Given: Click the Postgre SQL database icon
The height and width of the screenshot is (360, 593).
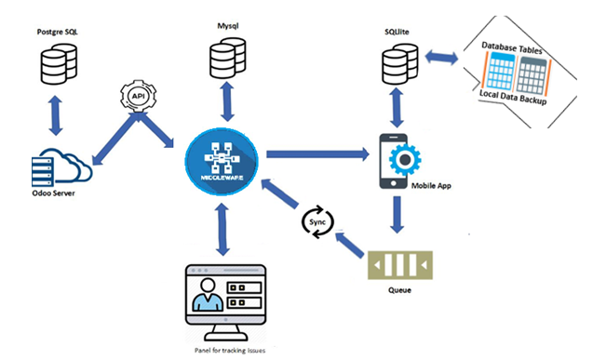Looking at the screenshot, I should pyautogui.click(x=61, y=59).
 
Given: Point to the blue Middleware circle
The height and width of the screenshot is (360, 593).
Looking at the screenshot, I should pyautogui.click(x=222, y=153).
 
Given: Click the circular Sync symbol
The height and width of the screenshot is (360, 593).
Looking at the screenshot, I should pyautogui.click(x=315, y=224).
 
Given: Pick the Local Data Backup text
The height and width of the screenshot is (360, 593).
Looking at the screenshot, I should pyautogui.click(x=513, y=97).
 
